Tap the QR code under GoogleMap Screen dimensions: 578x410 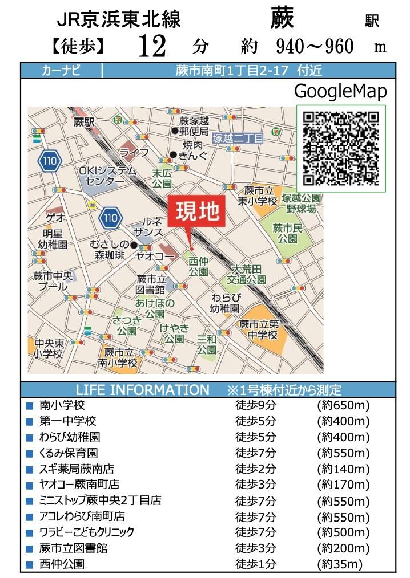point(341,148)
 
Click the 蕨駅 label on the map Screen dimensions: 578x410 point(83,121)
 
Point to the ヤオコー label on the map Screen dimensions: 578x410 point(154,257)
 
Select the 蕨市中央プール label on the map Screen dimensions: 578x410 point(53,281)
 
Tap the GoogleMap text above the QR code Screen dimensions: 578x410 point(340,91)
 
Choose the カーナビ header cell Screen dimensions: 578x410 point(61,71)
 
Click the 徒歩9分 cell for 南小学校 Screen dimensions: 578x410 point(255,406)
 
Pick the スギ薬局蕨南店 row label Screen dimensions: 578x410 point(77,469)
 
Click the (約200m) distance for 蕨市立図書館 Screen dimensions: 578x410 point(343,548)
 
